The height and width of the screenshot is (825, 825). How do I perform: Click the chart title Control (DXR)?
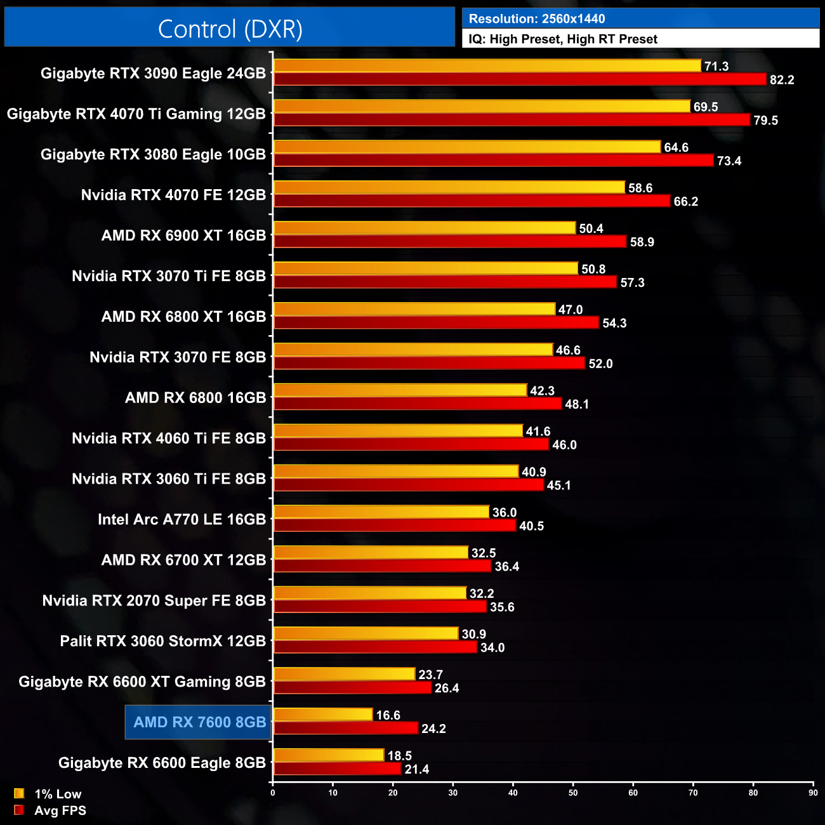[x=230, y=29]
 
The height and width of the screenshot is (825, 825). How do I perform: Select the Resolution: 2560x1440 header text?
[x=537, y=19]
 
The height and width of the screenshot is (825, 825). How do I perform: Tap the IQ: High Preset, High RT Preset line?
[x=563, y=39]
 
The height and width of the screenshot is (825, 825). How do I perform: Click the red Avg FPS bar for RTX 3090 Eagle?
[x=520, y=79]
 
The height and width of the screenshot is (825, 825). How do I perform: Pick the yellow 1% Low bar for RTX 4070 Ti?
[x=482, y=107]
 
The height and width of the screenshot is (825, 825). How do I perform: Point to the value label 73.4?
[x=729, y=161]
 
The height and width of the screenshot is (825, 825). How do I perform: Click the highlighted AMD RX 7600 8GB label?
[x=199, y=722]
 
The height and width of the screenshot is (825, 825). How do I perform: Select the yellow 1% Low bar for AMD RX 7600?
[x=323, y=715]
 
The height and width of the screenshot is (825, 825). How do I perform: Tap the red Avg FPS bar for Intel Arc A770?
[x=395, y=525]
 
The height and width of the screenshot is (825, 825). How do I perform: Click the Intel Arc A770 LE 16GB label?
[x=181, y=520]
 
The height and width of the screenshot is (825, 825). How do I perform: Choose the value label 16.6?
[x=388, y=715]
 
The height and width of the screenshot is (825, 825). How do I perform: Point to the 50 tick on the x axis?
[x=573, y=793]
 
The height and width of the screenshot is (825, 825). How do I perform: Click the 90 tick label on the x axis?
[x=813, y=793]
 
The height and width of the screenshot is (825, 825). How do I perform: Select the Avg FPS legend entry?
[x=50, y=810]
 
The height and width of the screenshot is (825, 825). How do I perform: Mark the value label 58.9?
[x=642, y=242]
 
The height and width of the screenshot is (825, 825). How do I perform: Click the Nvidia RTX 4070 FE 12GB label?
[x=173, y=195]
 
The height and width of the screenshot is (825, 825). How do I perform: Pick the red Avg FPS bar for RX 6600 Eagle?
[x=338, y=769]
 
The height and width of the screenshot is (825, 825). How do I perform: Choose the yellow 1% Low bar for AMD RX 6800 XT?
[x=414, y=309]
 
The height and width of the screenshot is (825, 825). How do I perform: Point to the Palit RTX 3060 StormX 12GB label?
[x=162, y=641]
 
